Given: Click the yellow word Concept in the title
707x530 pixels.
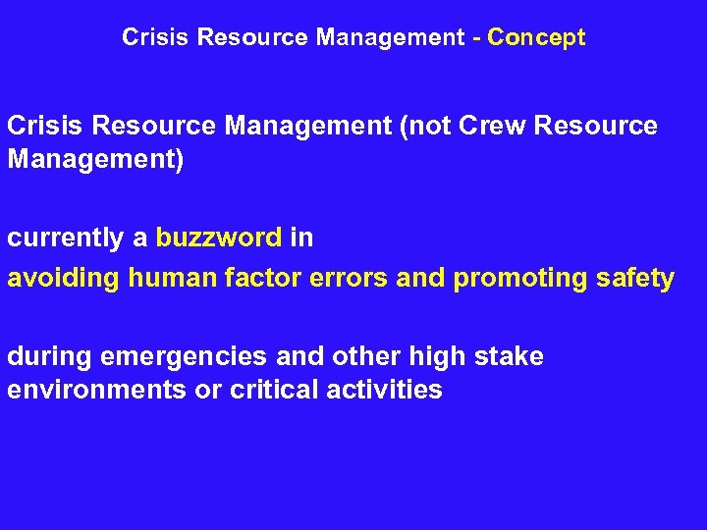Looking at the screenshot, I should click(x=536, y=38).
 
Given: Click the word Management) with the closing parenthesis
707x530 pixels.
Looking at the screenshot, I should click(x=95, y=159).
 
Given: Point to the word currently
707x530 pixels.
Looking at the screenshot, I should click(x=65, y=238).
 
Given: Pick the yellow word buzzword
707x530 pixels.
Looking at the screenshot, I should click(x=219, y=238).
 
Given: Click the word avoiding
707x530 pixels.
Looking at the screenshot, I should click(x=63, y=279).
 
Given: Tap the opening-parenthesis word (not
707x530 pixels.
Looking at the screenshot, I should click(x=419, y=127).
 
